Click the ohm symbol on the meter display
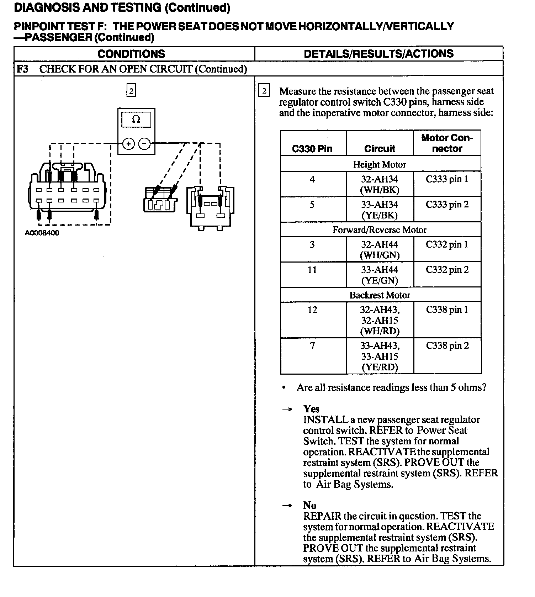click(x=136, y=120)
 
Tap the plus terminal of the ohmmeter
click(x=128, y=144)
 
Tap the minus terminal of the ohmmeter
click(x=144, y=144)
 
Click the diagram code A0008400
click(x=42, y=233)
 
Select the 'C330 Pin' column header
click(x=312, y=149)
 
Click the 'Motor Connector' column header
click(x=447, y=143)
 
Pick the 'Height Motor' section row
click(x=380, y=164)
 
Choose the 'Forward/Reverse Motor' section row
click(x=380, y=230)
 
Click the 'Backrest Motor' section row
click(x=380, y=295)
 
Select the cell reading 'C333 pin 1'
click(x=447, y=179)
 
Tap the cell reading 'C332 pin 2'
click(x=447, y=270)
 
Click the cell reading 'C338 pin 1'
click(x=447, y=310)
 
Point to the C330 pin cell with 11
click(x=312, y=270)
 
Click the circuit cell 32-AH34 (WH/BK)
click(x=380, y=184)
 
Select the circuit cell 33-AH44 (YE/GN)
click(x=380, y=275)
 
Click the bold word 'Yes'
click(x=311, y=409)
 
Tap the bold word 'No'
click(x=310, y=505)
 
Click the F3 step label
click(x=22, y=69)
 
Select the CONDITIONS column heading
click(x=131, y=54)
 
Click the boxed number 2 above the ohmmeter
click(x=131, y=91)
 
